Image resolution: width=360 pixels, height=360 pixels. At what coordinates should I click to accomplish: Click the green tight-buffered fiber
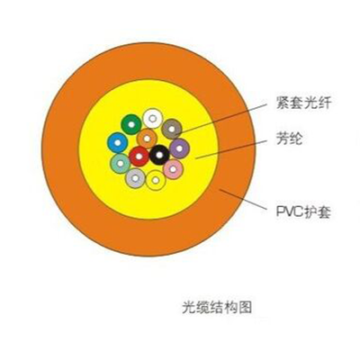131,124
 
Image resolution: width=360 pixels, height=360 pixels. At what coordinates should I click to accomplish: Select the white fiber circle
153,119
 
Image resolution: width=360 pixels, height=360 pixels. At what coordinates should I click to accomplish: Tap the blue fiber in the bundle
118,143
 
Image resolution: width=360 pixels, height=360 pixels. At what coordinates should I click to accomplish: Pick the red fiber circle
139,157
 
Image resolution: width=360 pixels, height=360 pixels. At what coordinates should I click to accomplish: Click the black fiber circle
159,155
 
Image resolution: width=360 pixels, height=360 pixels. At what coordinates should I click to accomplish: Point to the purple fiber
179,148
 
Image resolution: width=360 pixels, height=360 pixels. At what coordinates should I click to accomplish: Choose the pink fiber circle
173,169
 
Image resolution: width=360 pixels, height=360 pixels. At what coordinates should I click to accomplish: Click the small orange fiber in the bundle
147,139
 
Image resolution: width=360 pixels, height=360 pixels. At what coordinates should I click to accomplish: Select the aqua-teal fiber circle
121,164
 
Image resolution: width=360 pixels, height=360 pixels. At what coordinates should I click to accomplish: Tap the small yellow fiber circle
156,180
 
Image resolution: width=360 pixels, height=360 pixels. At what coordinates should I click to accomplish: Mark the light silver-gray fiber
135,178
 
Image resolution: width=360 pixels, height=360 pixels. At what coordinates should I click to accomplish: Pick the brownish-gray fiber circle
172,130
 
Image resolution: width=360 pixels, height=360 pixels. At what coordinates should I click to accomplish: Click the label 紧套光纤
303,103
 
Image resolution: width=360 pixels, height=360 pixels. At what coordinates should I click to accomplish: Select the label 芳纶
289,139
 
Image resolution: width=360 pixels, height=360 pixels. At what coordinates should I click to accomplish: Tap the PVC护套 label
303,212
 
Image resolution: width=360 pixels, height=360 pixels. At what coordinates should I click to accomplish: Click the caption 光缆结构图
217,307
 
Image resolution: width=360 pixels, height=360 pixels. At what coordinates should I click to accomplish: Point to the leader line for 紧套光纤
220,119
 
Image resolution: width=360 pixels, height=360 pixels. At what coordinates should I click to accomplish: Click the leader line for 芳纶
230,148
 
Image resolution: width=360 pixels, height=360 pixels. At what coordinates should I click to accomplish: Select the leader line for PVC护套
243,199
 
